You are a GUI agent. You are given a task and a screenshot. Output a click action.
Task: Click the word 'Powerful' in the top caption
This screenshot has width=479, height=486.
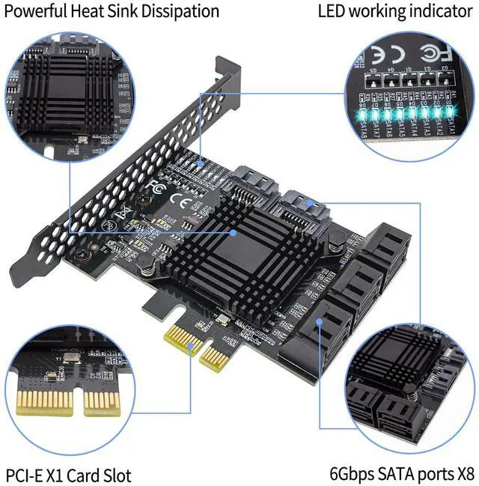[39, 11]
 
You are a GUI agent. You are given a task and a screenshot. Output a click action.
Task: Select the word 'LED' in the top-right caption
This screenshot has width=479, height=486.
[333, 11]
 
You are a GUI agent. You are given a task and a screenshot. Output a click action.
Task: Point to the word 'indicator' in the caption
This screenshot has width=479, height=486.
[439, 11]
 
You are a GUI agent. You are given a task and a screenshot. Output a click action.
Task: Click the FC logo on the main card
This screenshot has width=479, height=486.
[155, 185]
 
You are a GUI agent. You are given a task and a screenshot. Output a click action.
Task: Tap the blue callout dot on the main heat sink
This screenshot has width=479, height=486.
[235, 232]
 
